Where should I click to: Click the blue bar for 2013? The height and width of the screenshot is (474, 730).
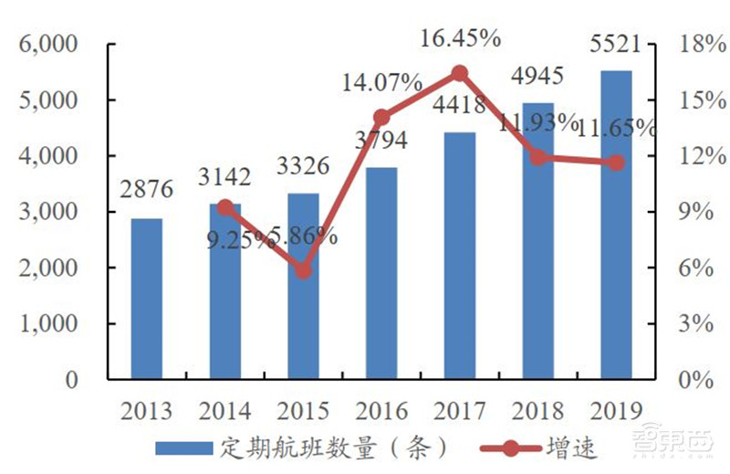click(146, 299)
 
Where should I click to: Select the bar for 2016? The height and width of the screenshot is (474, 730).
click(381, 273)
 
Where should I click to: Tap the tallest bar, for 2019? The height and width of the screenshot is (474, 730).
click(617, 225)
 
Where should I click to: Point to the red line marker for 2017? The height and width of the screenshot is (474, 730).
click(460, 73)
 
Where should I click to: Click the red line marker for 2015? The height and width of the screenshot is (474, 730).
click(304, 270)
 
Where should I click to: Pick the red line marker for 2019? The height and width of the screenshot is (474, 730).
click(617, 163)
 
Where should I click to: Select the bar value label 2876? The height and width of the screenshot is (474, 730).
click(146, 194)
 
